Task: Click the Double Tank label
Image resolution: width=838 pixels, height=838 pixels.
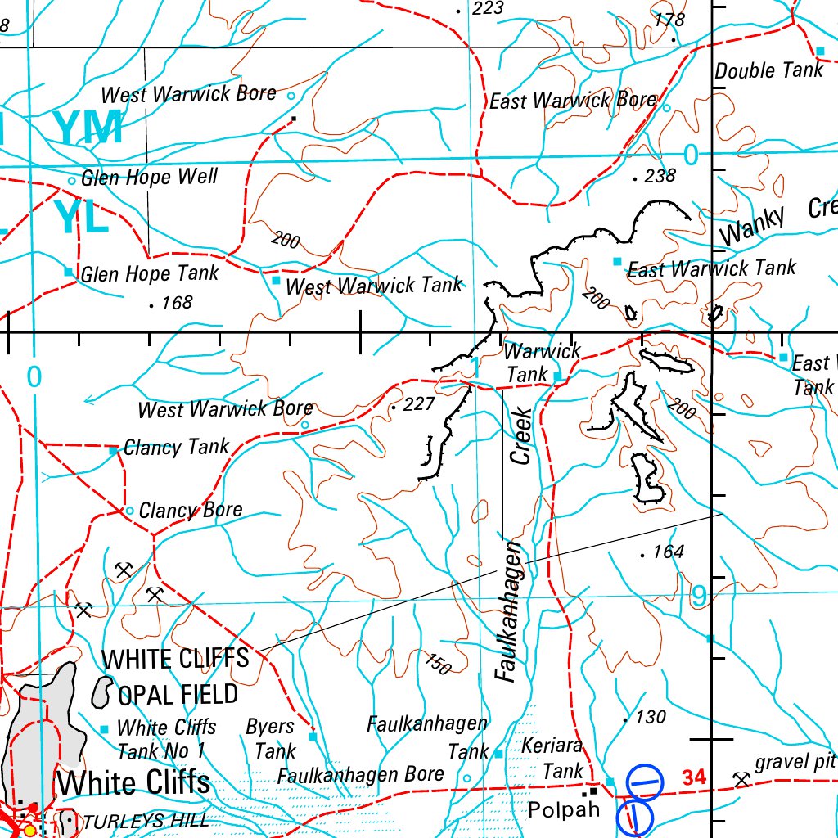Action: click(768, 70)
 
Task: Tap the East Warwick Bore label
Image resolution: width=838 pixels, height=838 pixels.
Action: click(573, 101)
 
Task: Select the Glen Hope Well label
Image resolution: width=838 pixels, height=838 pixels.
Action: click(149, 178)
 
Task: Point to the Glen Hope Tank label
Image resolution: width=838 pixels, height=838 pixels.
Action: click(149, 273)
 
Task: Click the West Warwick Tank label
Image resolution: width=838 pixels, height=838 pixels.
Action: click(373, 286)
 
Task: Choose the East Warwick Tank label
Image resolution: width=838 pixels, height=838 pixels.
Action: click(711, 268)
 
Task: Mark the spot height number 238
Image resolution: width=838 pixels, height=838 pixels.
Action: click(660, 176)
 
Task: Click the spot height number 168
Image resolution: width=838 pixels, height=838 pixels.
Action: click(176, 303)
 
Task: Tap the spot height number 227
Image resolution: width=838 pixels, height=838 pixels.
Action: click(419, 404)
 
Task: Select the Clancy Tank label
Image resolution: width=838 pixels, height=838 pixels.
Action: click(176, 448)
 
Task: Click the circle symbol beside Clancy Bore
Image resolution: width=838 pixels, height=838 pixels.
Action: click(129, 511)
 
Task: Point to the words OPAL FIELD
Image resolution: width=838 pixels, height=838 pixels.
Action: click(178, 695)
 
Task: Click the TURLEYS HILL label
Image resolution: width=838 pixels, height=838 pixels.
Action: click(146, 822)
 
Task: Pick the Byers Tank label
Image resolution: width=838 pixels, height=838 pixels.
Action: click(271, 738)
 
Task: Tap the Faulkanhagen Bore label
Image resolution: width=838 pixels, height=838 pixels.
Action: click(361, 774)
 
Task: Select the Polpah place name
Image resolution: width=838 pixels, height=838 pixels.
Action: click(563, 810)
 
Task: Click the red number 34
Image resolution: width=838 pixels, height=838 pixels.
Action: click(692, 777)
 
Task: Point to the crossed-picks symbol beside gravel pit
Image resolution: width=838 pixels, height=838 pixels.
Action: click(741, 778)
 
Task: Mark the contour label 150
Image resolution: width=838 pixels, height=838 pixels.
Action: click(438, 665)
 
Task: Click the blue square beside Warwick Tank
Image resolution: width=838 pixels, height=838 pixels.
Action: click(558, 376)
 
